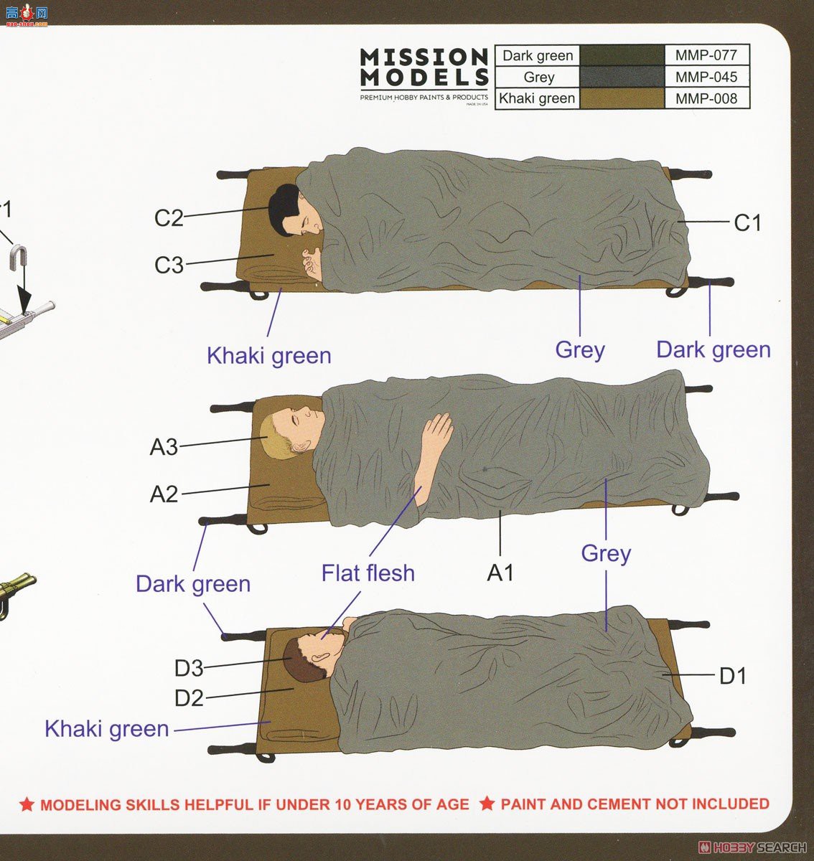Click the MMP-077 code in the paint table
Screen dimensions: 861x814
(706, 55)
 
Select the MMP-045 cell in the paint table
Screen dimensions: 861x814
(706, 77)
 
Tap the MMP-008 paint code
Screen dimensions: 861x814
(706, 98)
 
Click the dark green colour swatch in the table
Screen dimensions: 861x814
(622, 55)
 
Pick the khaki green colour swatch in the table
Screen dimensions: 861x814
(622, 98)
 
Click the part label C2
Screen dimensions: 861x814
(169, 217)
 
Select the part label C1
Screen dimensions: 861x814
(747, 223)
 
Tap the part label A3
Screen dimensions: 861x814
(164, 447)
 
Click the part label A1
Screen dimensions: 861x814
(500, 573)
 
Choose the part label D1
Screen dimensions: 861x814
(733, 676)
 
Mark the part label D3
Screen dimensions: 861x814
(189, 669)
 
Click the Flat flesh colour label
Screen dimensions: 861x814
(368, 573)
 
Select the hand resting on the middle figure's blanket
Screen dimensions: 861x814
(438, 433)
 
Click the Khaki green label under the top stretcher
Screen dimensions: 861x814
(268, 356)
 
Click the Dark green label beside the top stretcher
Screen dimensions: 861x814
(713, 350)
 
